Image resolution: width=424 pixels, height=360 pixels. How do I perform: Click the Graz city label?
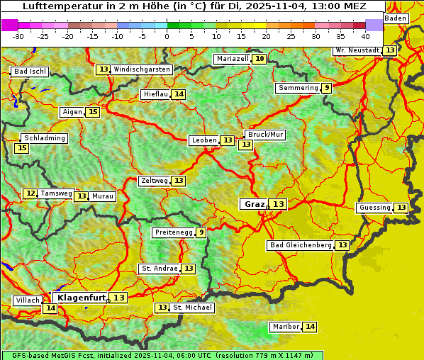254,204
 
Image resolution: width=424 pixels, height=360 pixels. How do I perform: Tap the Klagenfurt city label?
81,298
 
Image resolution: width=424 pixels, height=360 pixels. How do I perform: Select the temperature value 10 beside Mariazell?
260,59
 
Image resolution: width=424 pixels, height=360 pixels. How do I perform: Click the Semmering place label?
298,88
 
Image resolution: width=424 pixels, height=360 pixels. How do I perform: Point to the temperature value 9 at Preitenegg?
201,232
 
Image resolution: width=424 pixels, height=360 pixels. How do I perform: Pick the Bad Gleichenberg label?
300,245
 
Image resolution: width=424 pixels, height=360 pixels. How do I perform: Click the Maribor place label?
285,327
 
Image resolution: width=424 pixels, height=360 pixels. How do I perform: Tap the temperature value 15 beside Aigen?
93,112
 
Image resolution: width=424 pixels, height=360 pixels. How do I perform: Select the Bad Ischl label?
30,72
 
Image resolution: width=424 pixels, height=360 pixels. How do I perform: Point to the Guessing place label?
374,208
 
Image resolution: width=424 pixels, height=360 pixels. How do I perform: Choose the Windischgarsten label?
142,69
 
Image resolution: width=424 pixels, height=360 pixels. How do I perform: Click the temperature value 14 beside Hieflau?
179,94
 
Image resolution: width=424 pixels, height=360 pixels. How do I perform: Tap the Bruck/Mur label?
264,135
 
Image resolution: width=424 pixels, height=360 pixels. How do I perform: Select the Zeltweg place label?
154,181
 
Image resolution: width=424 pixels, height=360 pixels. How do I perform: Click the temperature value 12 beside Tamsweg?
30,193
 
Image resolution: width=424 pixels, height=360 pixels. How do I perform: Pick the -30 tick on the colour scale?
18,35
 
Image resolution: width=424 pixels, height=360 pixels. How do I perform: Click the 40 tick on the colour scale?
365,35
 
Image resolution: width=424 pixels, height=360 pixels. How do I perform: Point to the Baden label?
396,18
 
